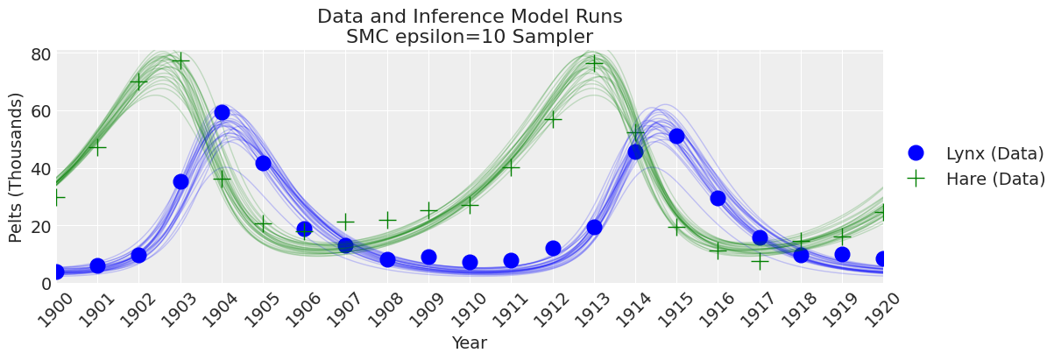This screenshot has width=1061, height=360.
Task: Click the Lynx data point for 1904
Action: (222, 113)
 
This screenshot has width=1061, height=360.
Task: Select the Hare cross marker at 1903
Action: (180, 60)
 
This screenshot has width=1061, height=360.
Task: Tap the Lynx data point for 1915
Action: (676, 136)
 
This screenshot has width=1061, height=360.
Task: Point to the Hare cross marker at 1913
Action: (594, 63)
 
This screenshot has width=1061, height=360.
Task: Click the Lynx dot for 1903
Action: (180, 181)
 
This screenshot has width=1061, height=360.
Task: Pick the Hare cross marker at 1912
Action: (553, 118)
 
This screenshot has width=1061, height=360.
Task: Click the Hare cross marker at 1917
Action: (760, 260)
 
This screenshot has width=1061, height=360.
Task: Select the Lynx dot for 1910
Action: (470, 262)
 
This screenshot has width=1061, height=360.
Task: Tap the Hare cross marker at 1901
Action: (97, 147)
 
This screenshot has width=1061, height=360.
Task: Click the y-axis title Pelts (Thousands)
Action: (16, 166)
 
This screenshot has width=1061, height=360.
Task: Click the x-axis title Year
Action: (470, 343)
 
